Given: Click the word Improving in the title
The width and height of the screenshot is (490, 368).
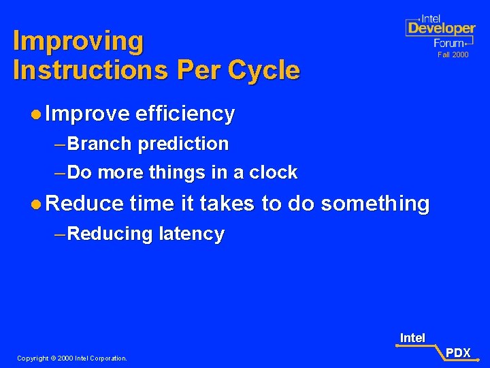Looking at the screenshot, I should point(78,42).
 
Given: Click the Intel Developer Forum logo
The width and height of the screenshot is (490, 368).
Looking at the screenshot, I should point(440,31).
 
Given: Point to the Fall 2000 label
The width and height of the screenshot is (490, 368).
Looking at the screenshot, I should point(453,55).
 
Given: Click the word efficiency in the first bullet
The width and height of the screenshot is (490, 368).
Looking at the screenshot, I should point(185,114).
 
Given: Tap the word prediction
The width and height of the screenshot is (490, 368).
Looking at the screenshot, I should point(184,144).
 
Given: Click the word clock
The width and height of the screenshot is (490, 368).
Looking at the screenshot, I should point(274,172).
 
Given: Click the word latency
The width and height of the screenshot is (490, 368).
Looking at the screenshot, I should point(191,234).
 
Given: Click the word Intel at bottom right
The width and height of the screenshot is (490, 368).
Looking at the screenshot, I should point(412,338).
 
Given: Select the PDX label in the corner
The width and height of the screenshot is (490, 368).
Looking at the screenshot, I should point(458,352).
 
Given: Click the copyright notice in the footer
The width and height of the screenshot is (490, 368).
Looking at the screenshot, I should point(72,358).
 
